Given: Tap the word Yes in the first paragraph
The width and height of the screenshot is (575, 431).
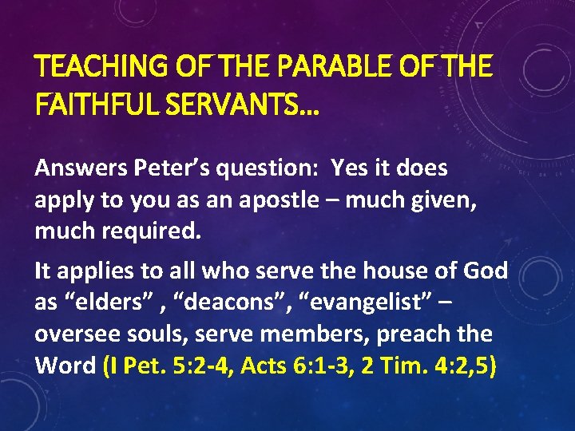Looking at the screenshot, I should click(349, 169).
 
